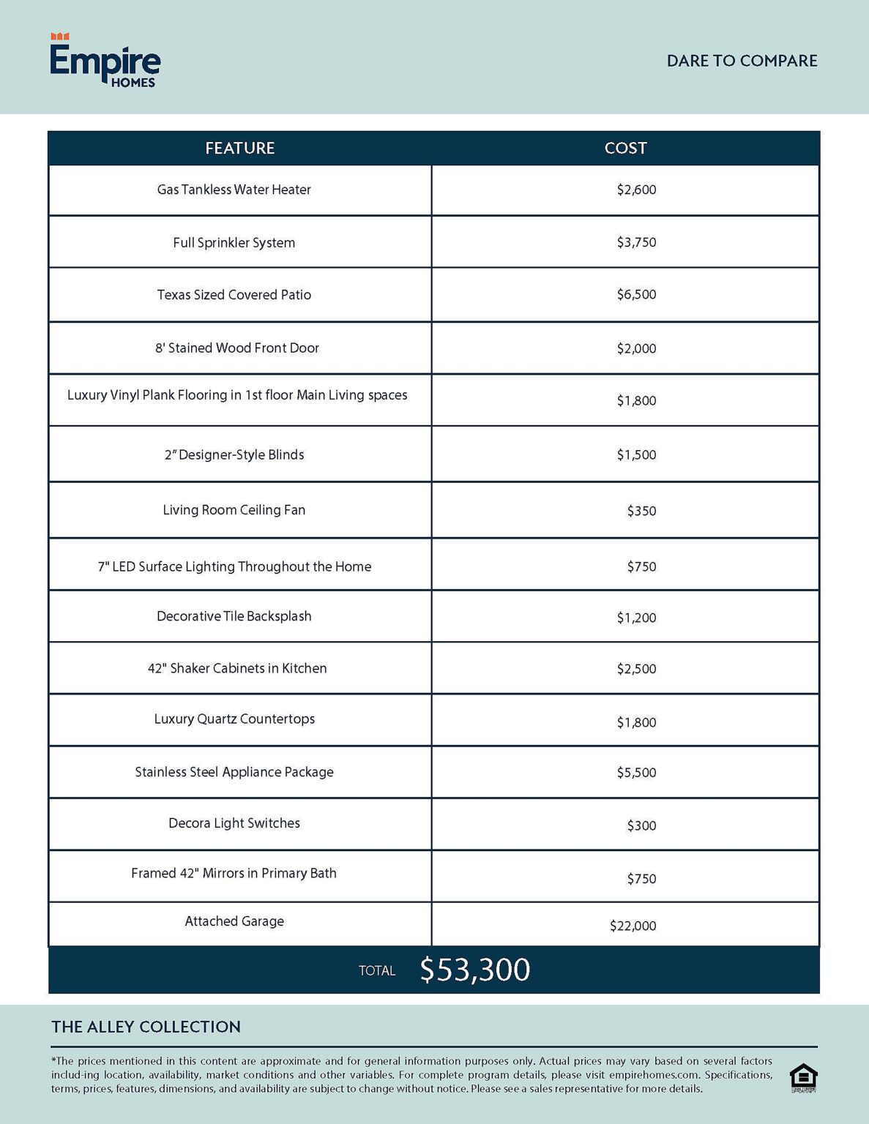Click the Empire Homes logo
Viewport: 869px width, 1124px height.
(x=105, y=61)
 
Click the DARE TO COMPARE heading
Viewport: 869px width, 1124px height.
(x=742, y=61)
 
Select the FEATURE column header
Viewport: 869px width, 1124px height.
(x=239, y=148)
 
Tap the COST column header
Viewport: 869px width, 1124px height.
(x=625, y=148)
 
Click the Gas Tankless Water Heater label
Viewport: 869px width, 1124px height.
(x=234, y=190)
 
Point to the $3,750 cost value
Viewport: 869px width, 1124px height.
(x=636, y=242)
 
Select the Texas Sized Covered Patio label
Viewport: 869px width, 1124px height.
(x=234, y=295)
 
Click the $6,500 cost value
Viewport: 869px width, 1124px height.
(x=636, y=294)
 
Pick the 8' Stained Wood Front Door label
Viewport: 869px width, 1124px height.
(x=236, y=348)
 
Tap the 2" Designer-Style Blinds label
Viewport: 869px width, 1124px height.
(x=234, y=454)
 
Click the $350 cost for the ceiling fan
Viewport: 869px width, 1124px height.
(x=641, y=511)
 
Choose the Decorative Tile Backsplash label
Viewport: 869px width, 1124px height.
(x=234, y=616)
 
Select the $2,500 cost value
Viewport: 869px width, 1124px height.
(x=636, y=669)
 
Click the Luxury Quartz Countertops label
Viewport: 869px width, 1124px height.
(x=234, y=719)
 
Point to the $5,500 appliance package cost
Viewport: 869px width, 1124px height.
(x=636, y=773)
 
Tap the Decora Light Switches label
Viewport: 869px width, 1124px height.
(x=234, y=823)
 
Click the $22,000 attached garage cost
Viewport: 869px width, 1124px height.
(x=633, y=926)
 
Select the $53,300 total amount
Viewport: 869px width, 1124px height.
(x=474, y=970)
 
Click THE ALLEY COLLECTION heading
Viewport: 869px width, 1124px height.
(x=146, y=1027)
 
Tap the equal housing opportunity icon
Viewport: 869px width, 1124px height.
(x=803, y=1077)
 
